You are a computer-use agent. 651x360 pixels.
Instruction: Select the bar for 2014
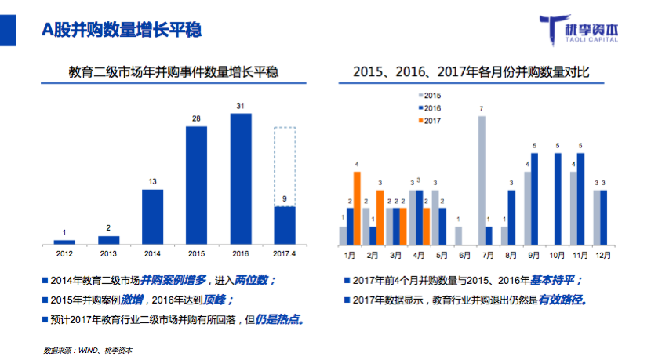tap(153, 216)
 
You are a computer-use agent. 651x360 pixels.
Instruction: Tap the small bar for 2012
tap(64, 242)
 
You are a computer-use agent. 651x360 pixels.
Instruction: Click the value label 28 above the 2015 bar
tap(196, 118)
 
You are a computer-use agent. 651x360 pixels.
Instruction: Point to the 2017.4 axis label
tap(285, 253)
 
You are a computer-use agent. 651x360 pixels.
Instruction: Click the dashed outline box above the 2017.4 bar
tap(285, 165)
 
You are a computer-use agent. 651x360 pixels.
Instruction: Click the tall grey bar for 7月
tap(482, 180)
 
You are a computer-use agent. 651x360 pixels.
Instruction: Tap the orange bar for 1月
tap(357, 207)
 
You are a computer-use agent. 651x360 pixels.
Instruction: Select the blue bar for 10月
tap(558, 198)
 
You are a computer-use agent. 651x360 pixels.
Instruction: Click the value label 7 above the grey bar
tap(482, 108)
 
